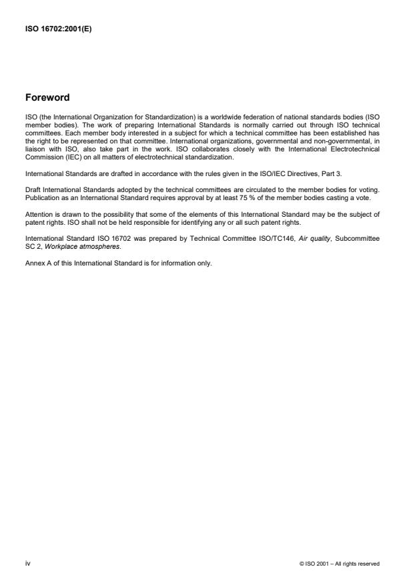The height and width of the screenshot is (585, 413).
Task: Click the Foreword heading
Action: point(47,97)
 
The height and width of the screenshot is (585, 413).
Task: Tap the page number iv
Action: point(27,564)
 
